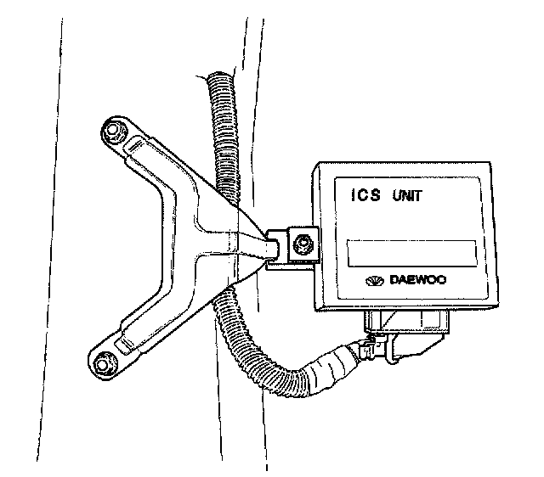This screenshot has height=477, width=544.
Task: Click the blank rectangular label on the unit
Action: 411,251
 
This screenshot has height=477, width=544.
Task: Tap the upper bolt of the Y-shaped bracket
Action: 110,132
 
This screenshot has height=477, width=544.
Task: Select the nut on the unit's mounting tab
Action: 298,246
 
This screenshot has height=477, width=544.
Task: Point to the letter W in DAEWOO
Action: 428,279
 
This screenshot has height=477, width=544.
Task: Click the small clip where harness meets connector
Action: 365,346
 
